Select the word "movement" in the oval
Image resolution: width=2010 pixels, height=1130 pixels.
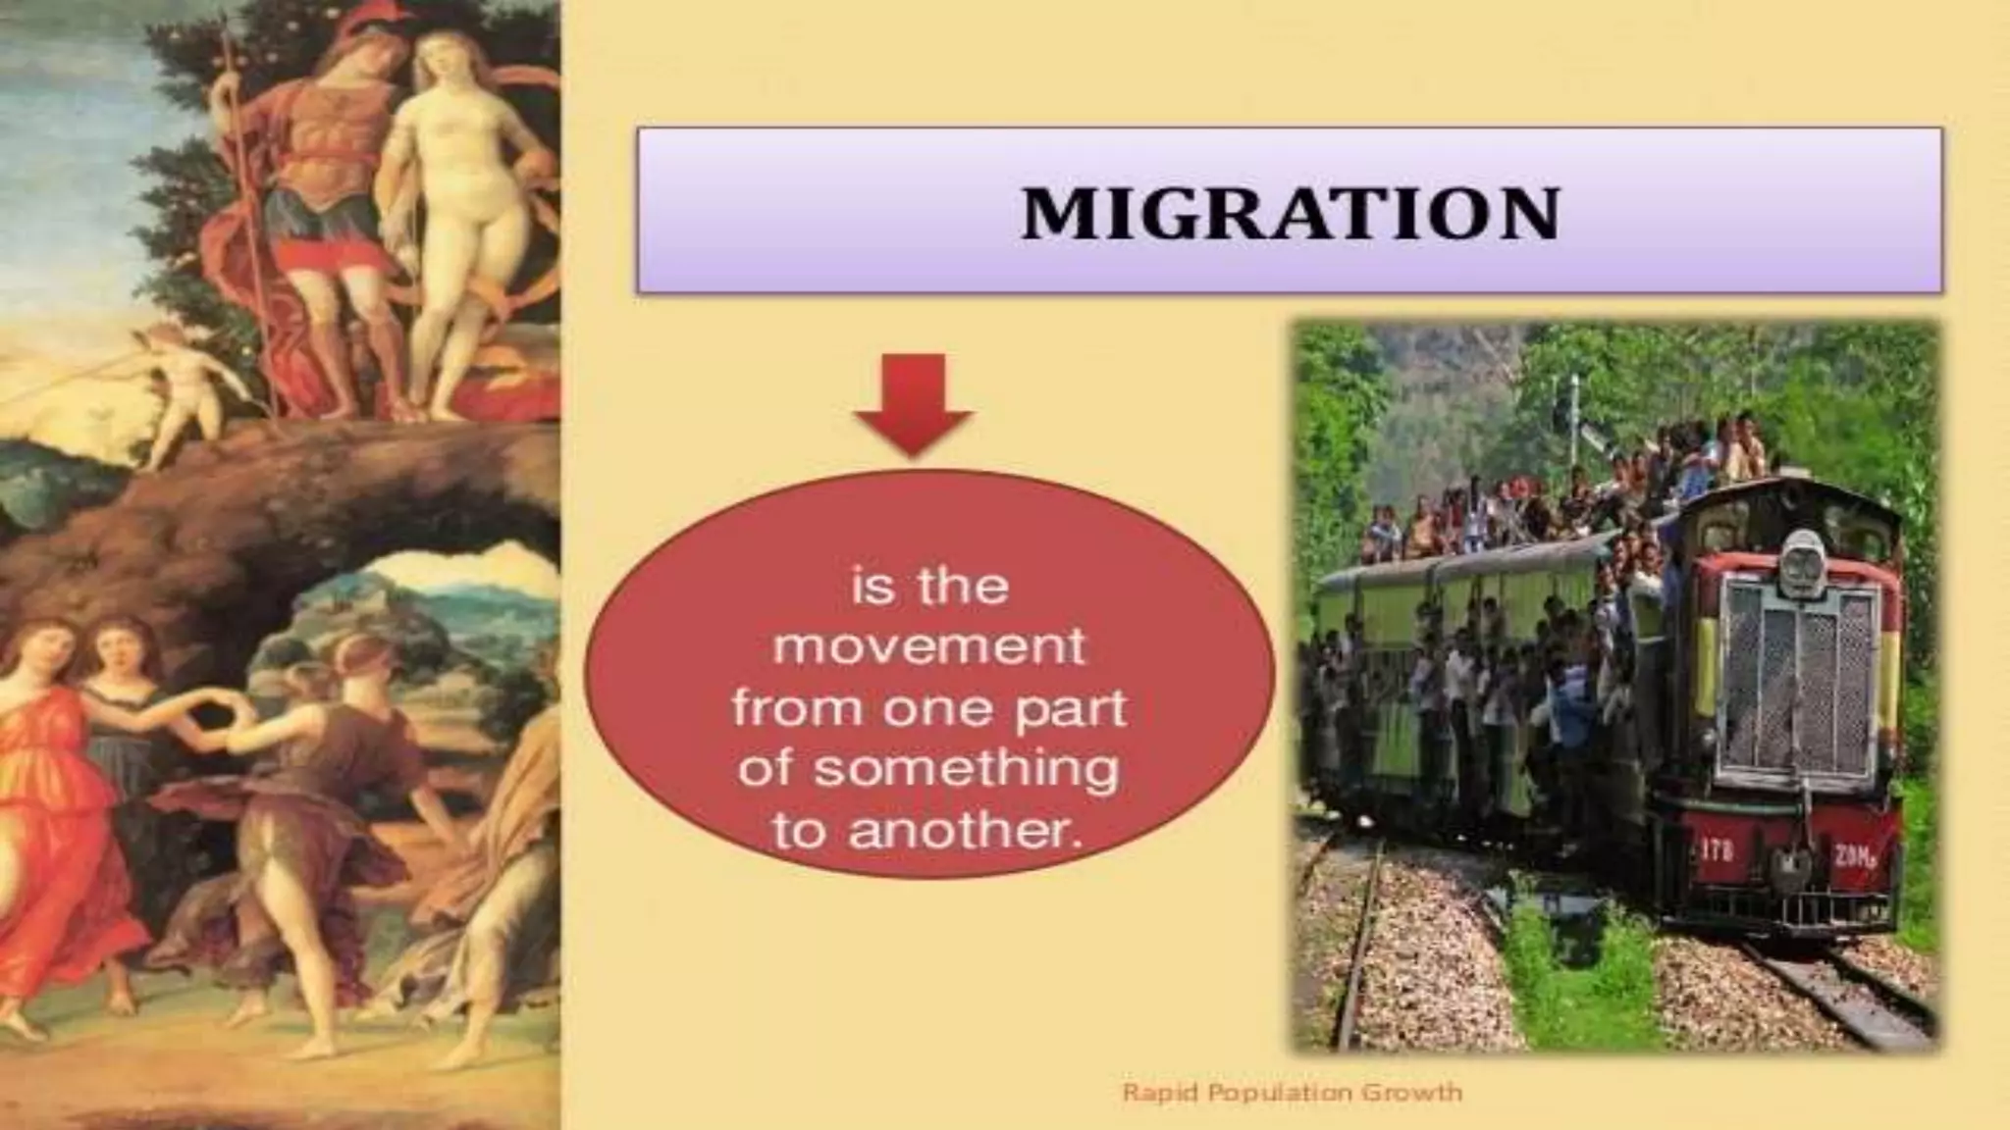929,647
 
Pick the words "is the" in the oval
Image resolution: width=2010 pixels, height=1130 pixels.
929,587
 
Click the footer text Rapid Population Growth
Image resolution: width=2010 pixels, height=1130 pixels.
1292,1092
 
